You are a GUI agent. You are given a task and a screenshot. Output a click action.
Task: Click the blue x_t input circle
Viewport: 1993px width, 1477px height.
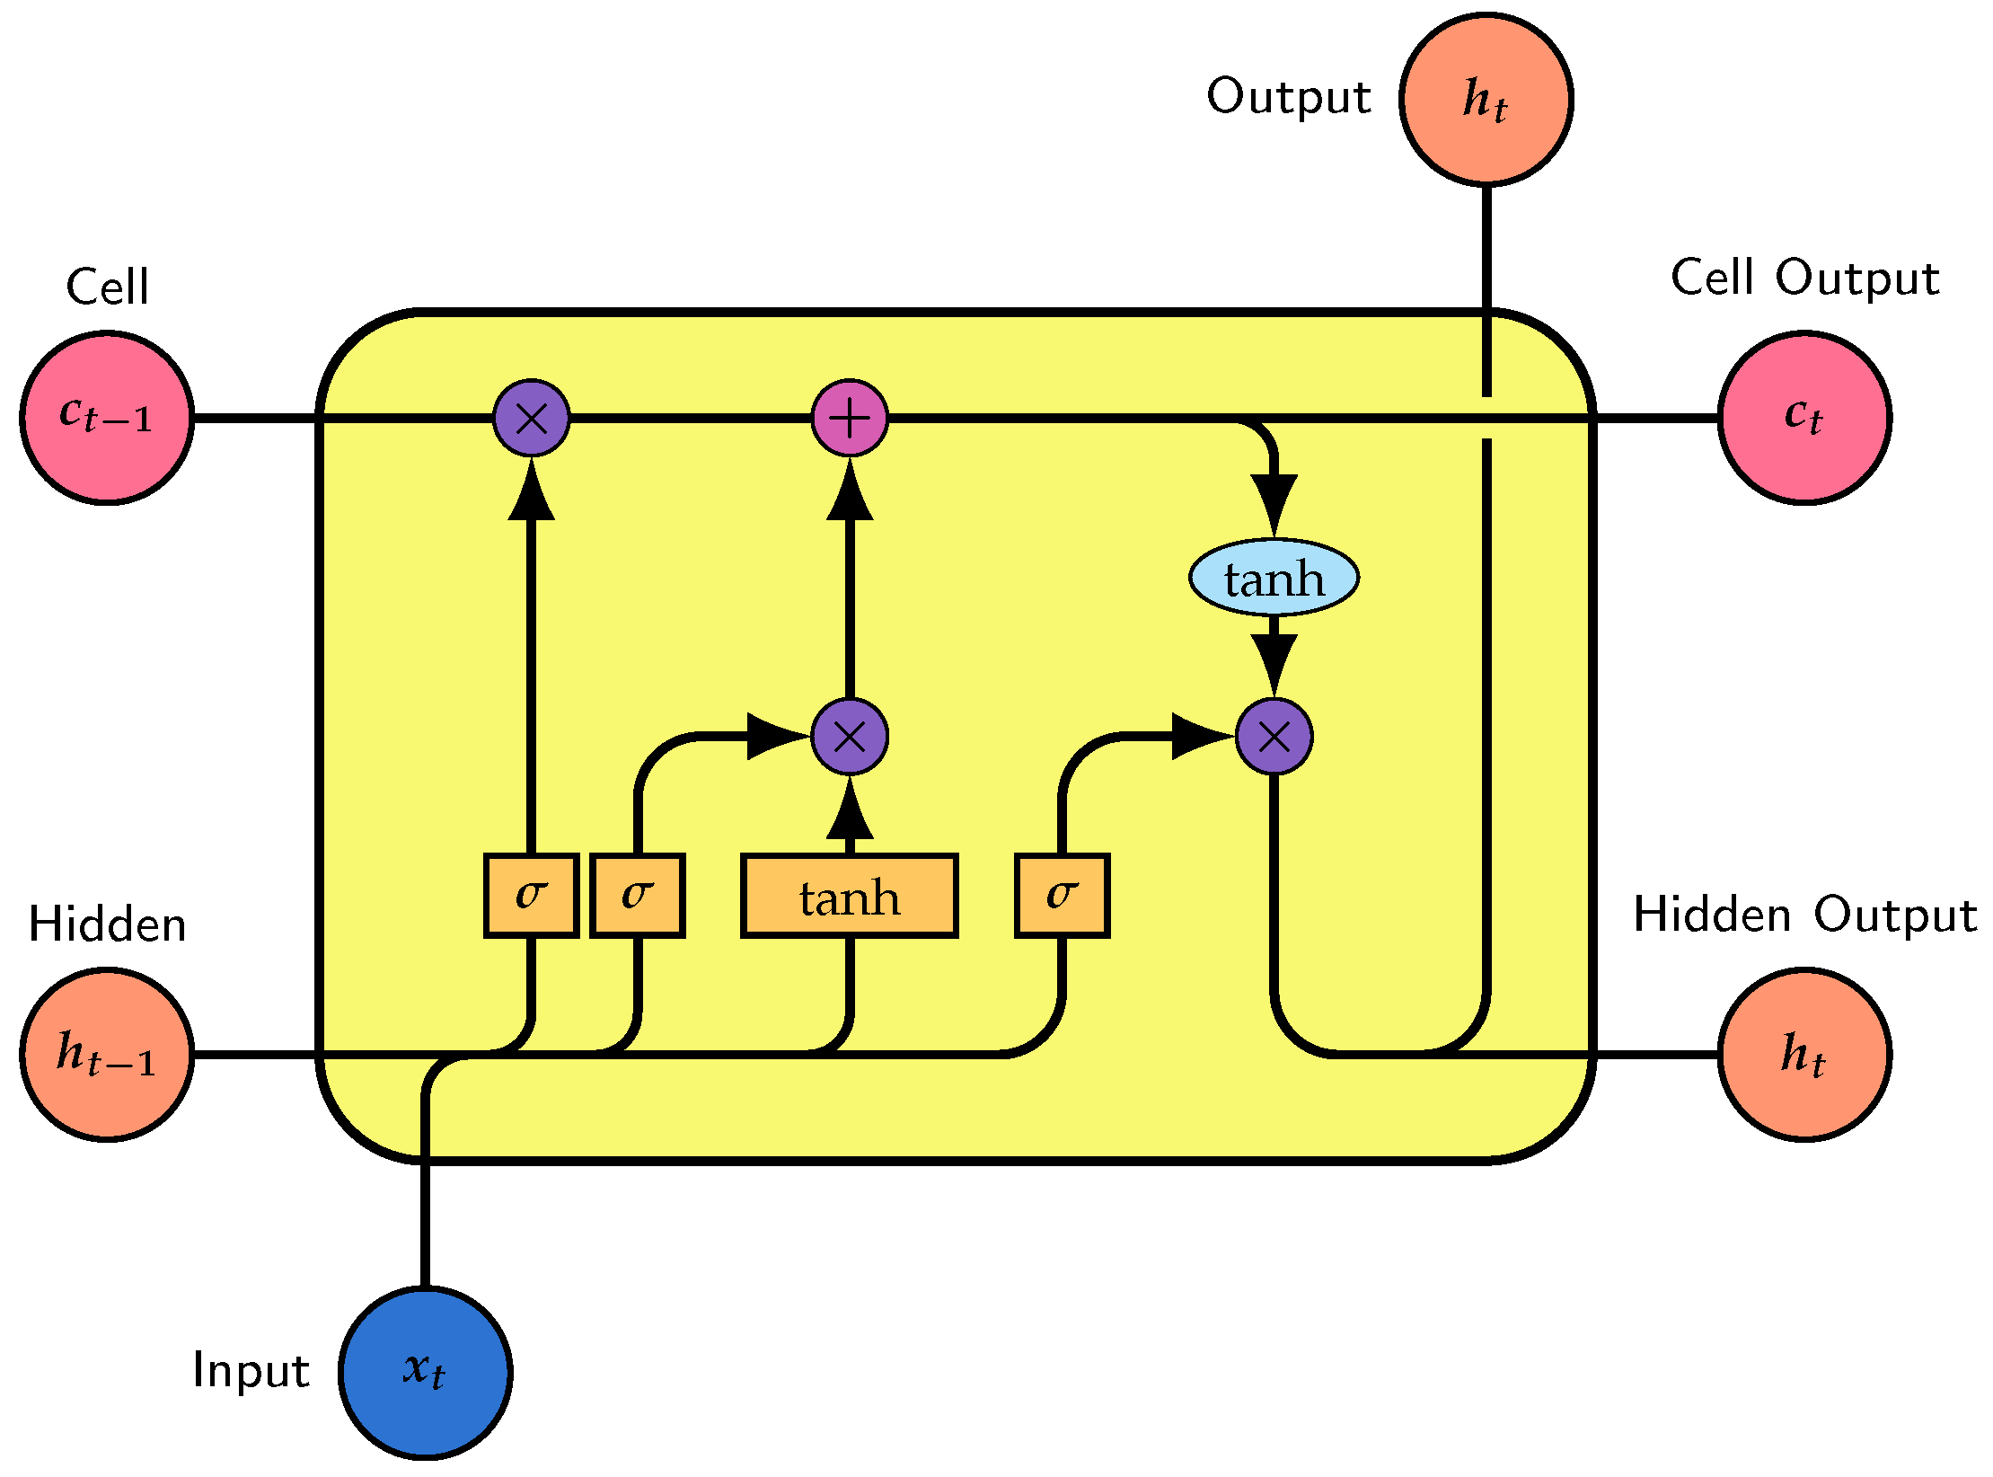[425, 1372]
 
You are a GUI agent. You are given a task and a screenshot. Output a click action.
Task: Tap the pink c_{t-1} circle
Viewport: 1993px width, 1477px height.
[107, 418]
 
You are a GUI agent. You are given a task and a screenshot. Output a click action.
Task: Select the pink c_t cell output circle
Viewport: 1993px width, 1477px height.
[1804, 418]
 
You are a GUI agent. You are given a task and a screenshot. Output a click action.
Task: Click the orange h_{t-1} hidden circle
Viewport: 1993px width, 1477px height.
[107, 1054]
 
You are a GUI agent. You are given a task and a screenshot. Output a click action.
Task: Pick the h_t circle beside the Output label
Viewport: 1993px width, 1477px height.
[1486, 99]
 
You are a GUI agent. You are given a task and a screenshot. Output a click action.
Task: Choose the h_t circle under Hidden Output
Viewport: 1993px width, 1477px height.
[1804, 1054]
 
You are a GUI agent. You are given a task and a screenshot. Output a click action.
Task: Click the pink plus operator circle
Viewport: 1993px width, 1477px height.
[850, 418]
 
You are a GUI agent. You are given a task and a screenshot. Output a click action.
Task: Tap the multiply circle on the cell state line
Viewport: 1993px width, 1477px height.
[531, 418]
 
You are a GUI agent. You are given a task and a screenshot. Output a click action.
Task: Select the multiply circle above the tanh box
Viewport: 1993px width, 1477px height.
[850, 737]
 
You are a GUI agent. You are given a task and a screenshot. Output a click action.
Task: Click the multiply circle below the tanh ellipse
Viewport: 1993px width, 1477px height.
[1274, 737]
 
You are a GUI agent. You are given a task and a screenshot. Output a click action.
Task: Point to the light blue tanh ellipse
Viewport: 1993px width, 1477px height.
[1274, 578]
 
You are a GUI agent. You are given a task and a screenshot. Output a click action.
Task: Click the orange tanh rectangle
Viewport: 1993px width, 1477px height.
[850, 896]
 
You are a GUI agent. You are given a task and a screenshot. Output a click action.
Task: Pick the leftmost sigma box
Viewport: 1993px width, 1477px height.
[531, 896]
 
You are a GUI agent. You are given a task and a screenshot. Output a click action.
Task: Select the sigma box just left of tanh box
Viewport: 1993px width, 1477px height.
[638, 896]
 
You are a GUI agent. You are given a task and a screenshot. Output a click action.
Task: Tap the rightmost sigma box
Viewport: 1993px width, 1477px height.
[1063, 896]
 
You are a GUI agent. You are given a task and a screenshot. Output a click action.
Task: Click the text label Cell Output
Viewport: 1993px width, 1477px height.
[1804, 278]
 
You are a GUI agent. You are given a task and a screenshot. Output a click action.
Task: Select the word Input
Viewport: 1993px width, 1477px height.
[251, 1371]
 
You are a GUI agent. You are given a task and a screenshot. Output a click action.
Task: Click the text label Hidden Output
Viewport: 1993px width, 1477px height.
[1804, 915]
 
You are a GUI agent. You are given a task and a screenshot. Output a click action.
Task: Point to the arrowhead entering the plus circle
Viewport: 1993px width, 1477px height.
[850, 491]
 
